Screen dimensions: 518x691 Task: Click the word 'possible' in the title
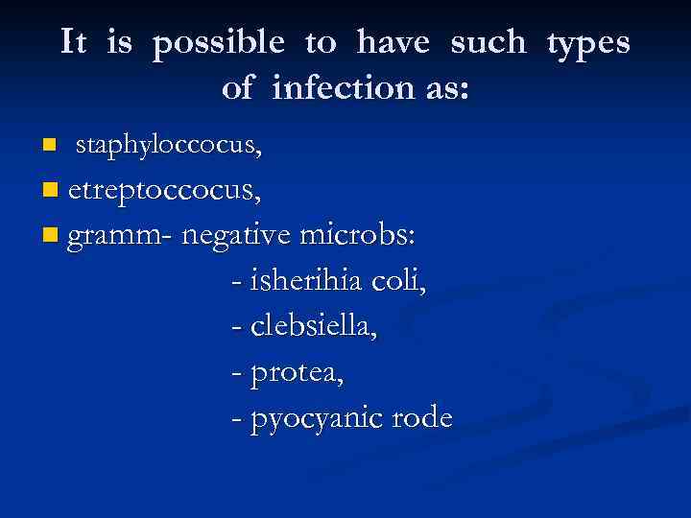point(218,43)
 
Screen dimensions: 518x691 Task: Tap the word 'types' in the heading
point(588,43)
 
